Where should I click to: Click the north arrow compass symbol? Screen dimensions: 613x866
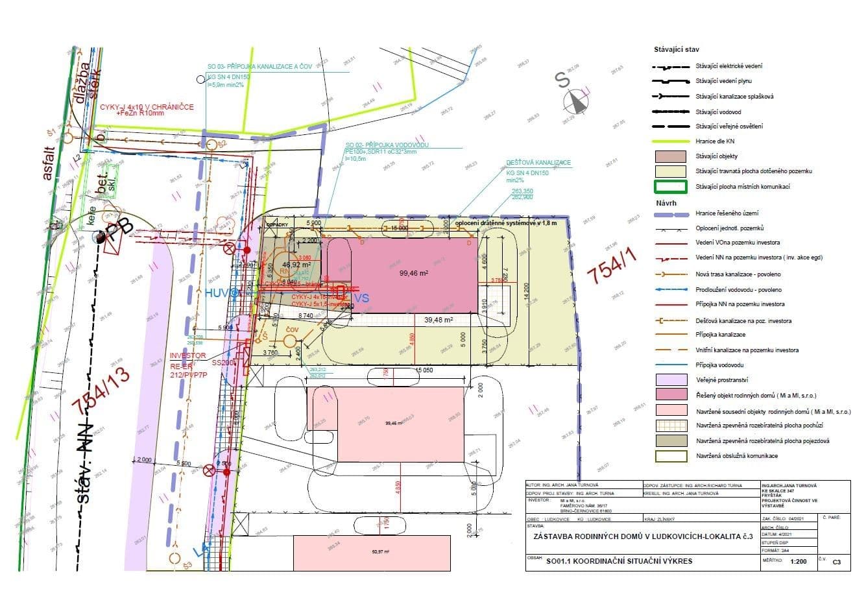(573, 101)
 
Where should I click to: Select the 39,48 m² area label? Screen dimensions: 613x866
(439, 320)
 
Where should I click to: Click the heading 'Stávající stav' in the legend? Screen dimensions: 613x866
(676, 49)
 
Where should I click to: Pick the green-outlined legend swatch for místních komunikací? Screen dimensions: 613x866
(671, 187)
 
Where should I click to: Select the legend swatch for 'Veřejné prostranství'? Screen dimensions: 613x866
(671, 380)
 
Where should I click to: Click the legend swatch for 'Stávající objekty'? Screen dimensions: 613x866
(671, 156)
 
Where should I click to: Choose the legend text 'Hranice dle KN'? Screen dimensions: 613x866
(715, 141)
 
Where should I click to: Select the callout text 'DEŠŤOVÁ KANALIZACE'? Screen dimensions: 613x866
(538, 163)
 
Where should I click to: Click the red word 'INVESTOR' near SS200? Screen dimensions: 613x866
(187, 356)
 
